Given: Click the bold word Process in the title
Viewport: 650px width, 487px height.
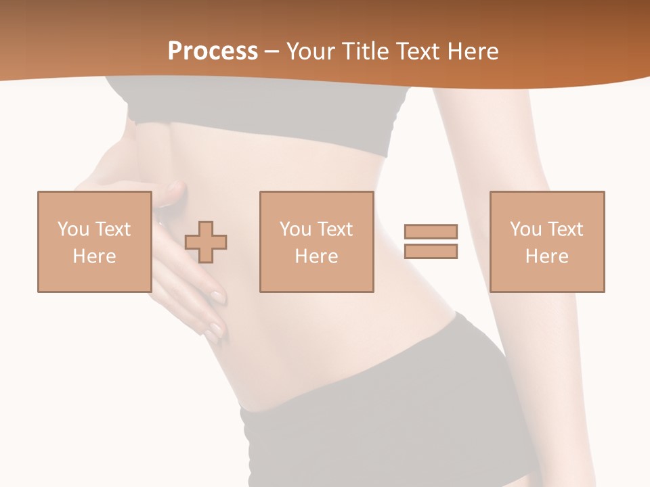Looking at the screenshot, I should (x=213, y=51).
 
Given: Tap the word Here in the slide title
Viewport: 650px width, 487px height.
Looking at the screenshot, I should (x=474, y=51).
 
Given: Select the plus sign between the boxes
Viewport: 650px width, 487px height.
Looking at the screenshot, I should (x=206, y=241).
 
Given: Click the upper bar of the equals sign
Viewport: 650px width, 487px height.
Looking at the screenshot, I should (x=431, y=231).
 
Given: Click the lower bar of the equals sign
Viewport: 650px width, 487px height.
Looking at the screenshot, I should (x=431, y=251).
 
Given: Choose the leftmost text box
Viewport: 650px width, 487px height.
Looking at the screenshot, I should (x=94, y=241).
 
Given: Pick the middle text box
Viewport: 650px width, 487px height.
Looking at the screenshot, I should (x=316, y=241).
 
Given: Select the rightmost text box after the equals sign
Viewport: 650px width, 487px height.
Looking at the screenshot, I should (x=546, y=241).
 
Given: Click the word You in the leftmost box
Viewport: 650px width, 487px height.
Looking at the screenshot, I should (x=73, y=229).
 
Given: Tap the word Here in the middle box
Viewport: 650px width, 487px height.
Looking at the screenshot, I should (x=316, y=256).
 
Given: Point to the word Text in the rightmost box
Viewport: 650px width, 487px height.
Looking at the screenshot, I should (x=565, y=229).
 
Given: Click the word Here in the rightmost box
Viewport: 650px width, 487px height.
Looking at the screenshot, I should (x=546, y=256).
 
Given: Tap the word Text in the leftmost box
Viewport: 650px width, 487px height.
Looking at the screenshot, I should (x=112, y=229).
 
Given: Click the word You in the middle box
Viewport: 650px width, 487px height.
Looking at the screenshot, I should (x=295, y=229).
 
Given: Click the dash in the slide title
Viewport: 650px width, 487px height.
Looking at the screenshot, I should (x=272, y=51).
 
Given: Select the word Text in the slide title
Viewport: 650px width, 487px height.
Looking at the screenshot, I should (x=418, y=51).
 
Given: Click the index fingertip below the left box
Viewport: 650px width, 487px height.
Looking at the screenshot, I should (x=218, y=296).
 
